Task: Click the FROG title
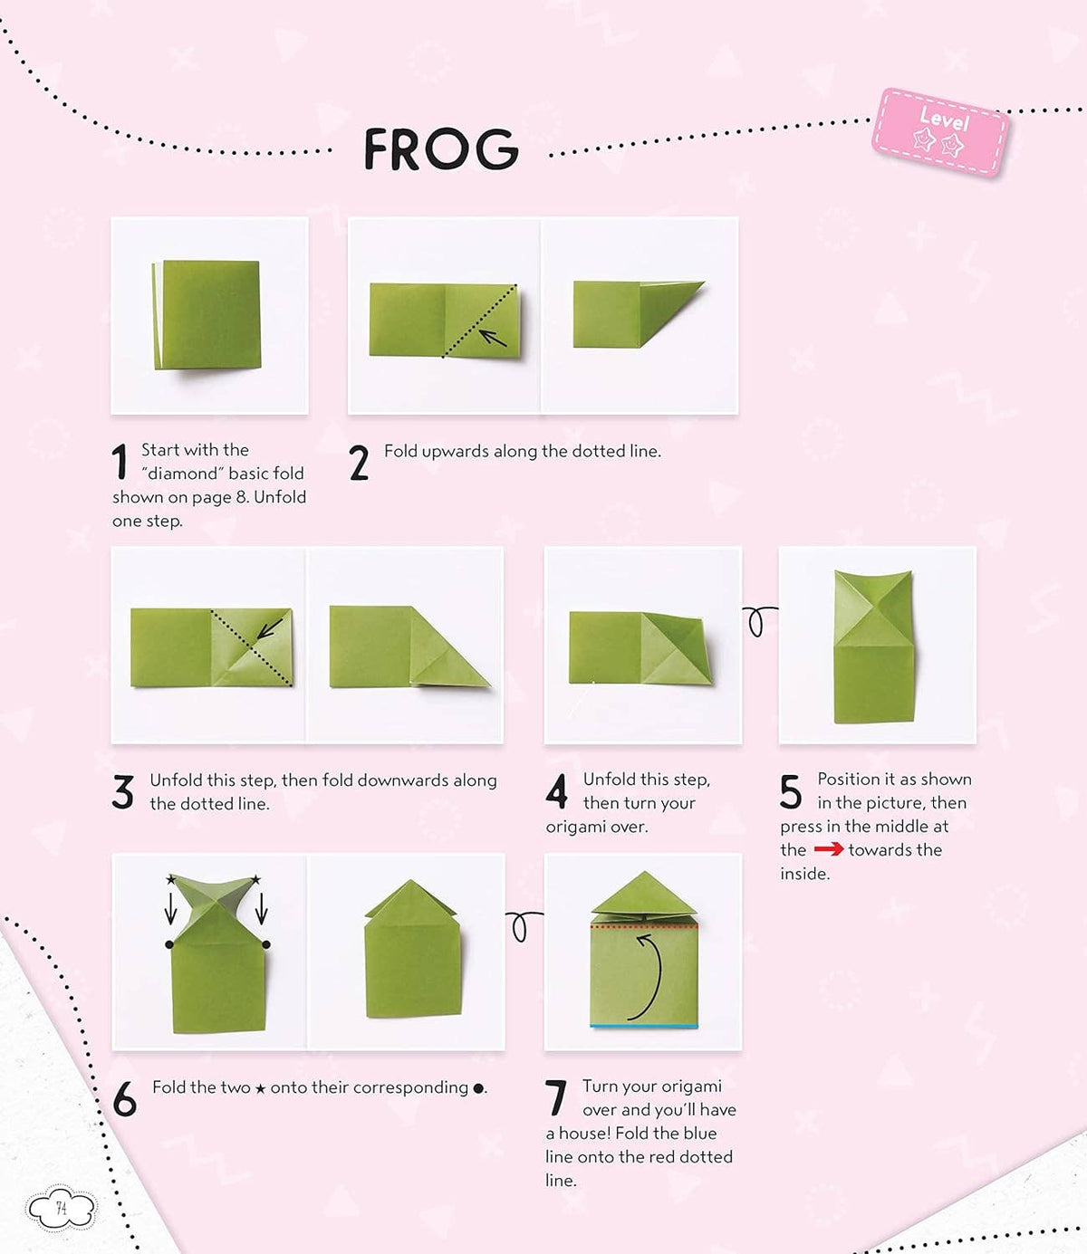coord(441,149)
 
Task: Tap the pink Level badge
coord(941,133)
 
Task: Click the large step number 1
coord(120,462)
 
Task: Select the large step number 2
coord(359,463)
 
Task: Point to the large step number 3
coord(123,792)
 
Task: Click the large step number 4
coord(556,791)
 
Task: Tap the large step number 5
coord(791,792)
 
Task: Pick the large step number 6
coord(124,1099)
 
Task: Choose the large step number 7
coord(556,1098)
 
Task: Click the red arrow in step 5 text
coord(828,849)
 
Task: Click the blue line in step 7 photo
coord(643,1026)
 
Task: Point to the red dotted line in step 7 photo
coord(643,926)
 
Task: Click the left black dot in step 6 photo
coord(169,944)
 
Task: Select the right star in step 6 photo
coord(255,879)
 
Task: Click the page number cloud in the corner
coord(61,1208)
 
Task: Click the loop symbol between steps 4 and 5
coord(758,620)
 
